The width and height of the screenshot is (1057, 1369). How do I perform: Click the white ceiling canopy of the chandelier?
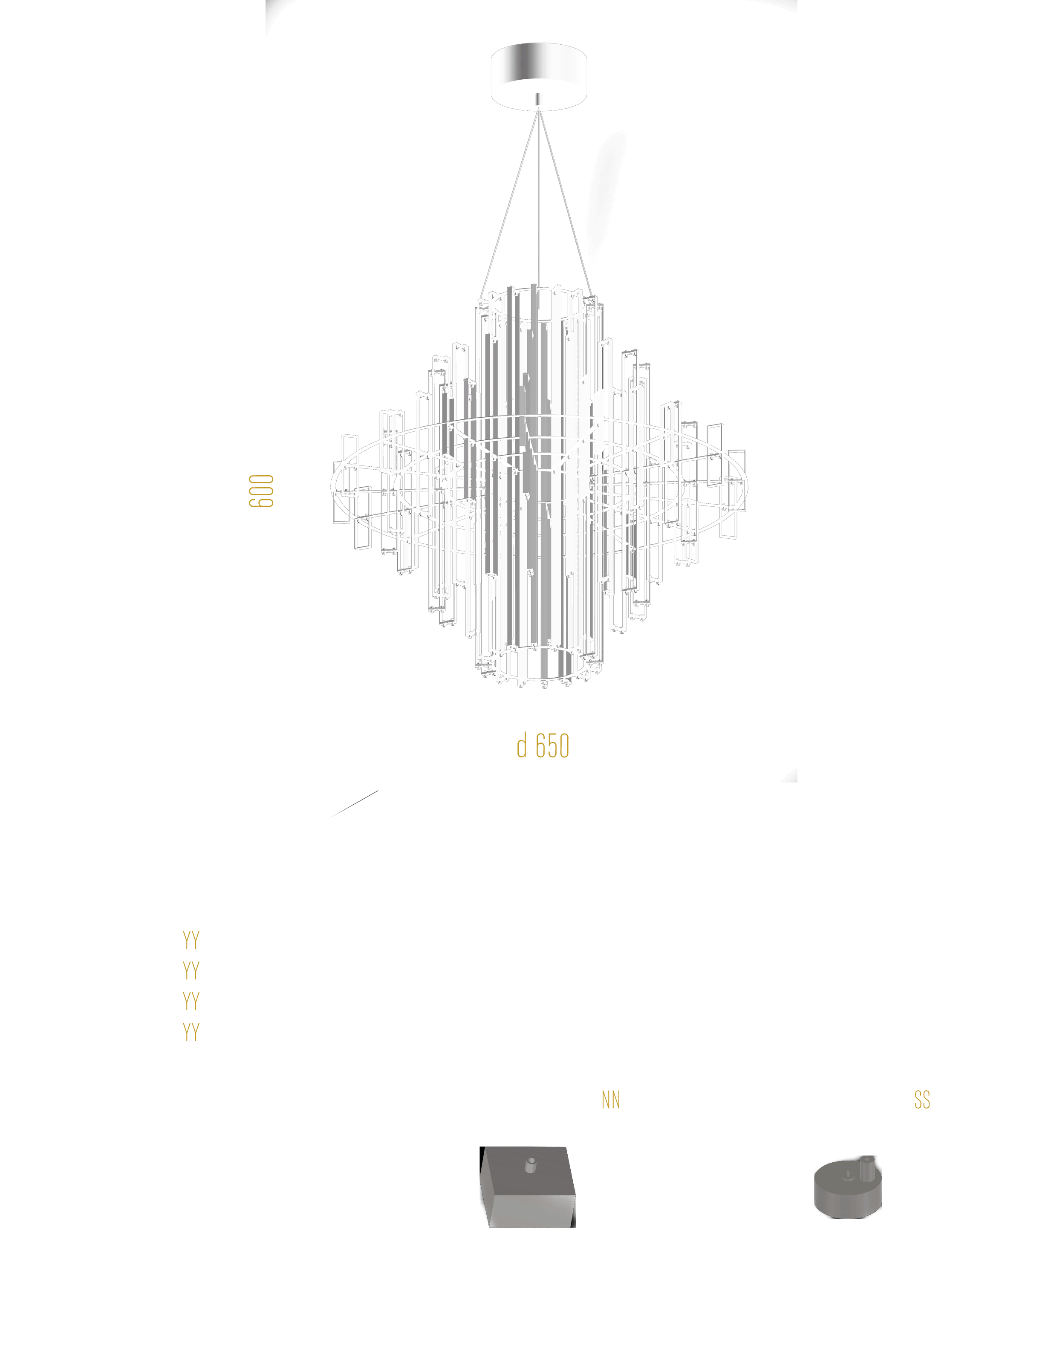[539, 75]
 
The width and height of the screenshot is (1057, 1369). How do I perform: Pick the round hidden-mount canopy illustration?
[848, 1188]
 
